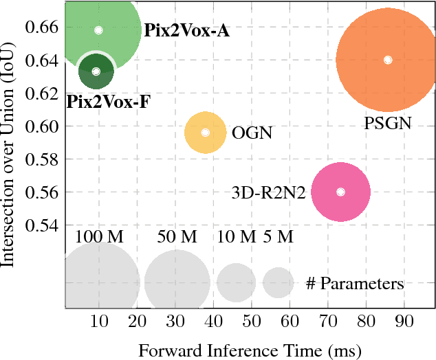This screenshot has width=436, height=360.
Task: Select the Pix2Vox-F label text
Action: tap(109, 102)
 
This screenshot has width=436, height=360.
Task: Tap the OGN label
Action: tap(252, 132)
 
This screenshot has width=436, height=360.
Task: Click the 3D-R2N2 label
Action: tap(268, 193)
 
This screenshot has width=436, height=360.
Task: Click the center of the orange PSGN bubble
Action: tap(388, 60)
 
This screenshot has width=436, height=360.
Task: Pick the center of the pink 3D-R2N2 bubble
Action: tap(340, 192)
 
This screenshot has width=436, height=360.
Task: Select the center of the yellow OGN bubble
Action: tap(205, 132)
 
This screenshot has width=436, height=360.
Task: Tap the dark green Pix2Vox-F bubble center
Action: tap(96, 71)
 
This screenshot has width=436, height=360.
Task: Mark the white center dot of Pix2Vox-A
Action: tap(98, 30)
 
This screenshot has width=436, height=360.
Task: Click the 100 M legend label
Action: tap(99, 237)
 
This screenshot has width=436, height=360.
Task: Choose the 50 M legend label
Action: tap(177, 237)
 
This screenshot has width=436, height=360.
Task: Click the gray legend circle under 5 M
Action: tap(279, 282)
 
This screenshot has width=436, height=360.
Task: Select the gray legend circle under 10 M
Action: tap(237, 282)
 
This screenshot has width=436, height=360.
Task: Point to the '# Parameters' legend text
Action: tap(354, 283)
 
